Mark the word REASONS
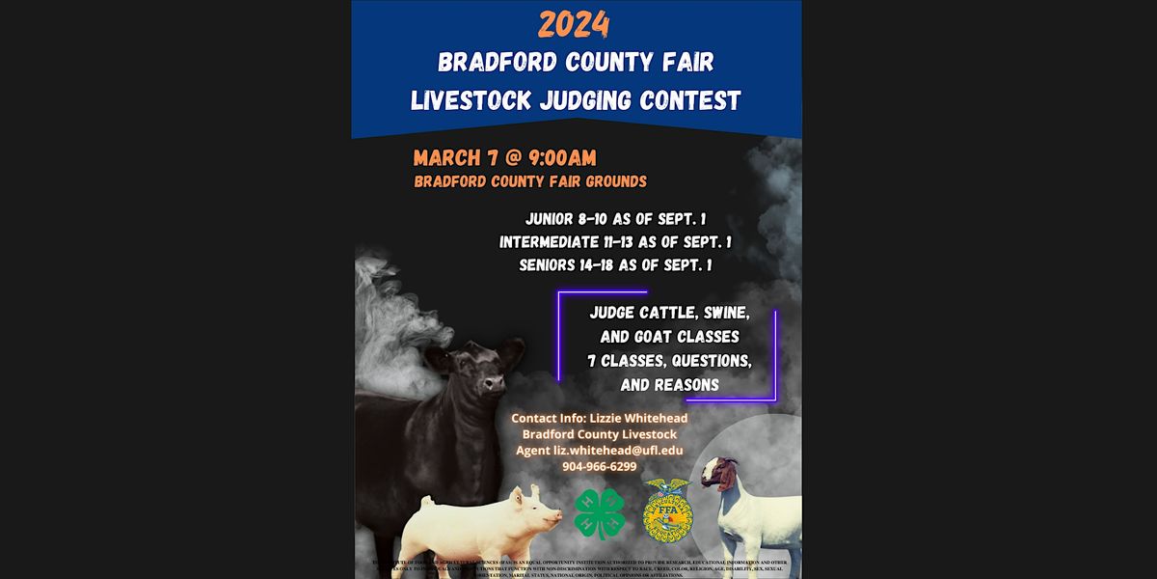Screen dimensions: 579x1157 coord(683,383)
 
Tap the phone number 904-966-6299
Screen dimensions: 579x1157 coord(600,466)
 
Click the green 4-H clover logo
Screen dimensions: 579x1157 coord(600,512)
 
